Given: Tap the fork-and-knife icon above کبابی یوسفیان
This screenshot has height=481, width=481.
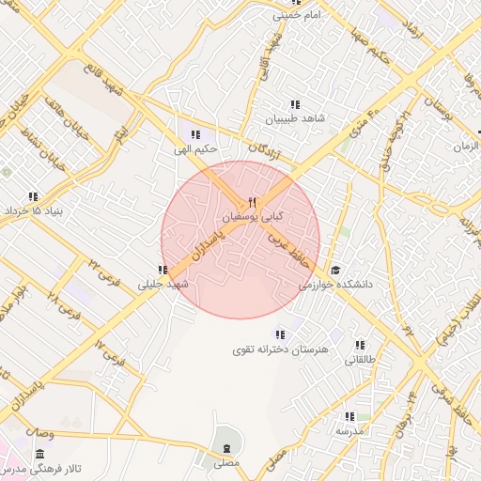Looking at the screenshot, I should click(251, 203).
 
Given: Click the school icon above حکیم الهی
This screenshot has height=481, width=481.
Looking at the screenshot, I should click(196, 134).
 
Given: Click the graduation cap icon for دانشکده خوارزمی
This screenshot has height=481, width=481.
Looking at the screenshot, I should click(336, 270).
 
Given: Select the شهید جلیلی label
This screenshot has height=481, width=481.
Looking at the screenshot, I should click(164, 283).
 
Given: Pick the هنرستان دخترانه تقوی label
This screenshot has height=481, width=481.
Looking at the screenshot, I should click(280, 349).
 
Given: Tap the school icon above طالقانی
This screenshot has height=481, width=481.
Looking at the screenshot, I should click(361, 345).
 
